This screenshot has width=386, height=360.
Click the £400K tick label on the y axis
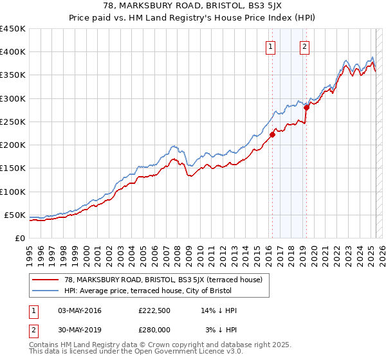tap(12, 52)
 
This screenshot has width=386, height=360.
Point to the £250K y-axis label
tap(12, 122)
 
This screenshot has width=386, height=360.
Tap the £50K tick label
tap(15, 215)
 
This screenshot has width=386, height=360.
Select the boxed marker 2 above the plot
tap(304, 46)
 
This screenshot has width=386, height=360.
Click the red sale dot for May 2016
tap(272, 134)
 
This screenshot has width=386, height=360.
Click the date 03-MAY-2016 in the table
tap(80, 311)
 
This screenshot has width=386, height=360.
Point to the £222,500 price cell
tap(154, 311)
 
